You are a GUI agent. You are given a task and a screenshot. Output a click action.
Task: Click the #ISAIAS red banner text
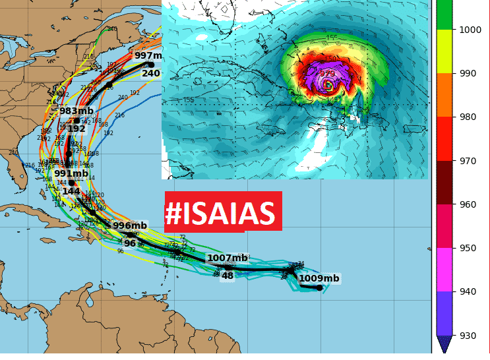click(x=220, y=214)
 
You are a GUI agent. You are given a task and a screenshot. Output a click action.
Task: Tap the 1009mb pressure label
click(x=319, y=278)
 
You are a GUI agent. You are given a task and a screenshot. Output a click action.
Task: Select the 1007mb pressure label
click(x=227, y=258)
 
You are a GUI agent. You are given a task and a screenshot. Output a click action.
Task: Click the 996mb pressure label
click(x=130, y=225)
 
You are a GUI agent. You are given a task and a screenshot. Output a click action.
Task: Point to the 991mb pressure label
click(x=71, y=173)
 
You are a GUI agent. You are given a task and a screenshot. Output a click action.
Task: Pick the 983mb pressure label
click(x=77, y=111)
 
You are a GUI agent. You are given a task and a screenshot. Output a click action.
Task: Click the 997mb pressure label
click(x=148, y=55)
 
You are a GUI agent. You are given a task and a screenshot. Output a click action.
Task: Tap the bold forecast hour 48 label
click(x=228, y=276)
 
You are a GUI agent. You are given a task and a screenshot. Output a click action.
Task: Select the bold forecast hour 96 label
click(x=130, y=243)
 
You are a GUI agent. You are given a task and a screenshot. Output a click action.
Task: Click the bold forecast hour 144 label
click(x=71, y=191)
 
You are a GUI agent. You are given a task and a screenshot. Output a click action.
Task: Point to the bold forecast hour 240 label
click(x=151, y=73)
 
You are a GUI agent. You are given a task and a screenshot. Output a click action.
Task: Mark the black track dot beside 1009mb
click(x=319, y=287)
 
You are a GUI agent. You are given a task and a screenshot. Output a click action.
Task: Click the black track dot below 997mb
click(x=151, y=65)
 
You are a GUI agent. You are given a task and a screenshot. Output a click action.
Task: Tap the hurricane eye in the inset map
click(x=328, y=85)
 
